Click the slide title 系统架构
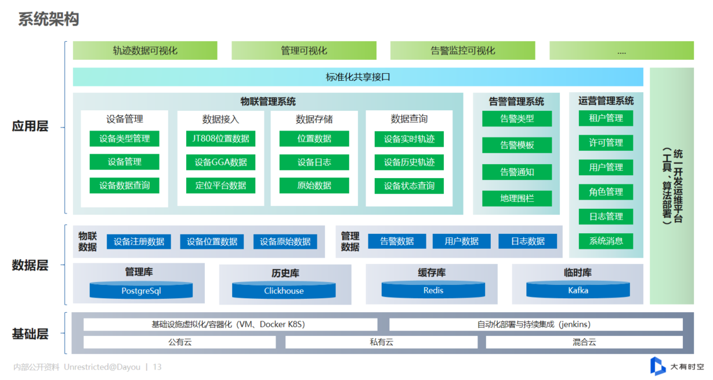tap(49, 19)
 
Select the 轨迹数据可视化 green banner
tap(145, 50)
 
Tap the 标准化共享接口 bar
tap(358, 77)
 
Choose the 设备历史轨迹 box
tap(409, 162)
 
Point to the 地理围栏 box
tap(517, 198)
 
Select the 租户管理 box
tap(606, 118)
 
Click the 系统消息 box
tap(606, 241)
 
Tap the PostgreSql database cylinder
tap(141, 290)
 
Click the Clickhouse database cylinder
tap(284, 290)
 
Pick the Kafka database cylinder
tap(578, 290)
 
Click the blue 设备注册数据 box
tap(139, 241)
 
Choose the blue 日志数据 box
tap(527, 241)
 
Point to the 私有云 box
tap(381, 342)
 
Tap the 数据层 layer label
tap(30, 266)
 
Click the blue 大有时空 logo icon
tap(657, 366)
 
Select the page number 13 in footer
tap(157, 367)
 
